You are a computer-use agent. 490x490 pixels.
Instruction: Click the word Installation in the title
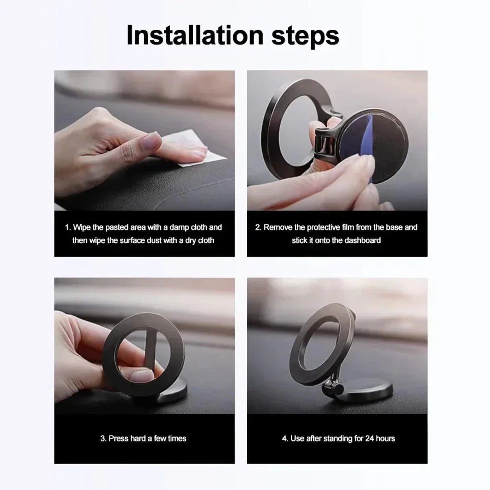[x=195, y=35]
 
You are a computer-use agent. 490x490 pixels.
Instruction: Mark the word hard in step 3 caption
[x=137, y=438]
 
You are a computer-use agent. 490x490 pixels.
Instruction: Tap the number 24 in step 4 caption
[x=370, y=438]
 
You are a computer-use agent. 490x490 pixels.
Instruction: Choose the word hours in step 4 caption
[x=386, y=438]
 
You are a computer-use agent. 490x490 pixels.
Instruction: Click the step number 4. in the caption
[x=284, y=438]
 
